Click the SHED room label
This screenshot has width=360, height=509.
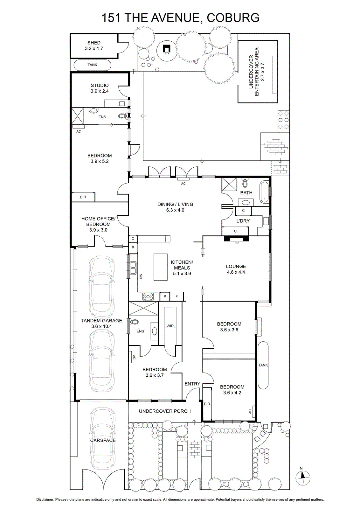[x=94, y=43]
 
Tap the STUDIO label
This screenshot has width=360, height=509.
[x=100, y=86]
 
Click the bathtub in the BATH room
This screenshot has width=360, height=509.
[x=264, y=192]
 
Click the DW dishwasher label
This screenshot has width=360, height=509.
[x=141, y=276]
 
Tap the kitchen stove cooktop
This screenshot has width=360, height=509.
[x=148, y=296]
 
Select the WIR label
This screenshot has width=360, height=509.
[x=170, y=326]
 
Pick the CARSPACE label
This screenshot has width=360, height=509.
[x=103, y=440]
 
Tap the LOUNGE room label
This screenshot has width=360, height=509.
[x=236, y=266]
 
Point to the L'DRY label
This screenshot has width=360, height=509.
[x=243, y=221]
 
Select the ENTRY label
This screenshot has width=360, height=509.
[x=192, y=384]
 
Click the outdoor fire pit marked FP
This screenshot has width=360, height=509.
[x=167, y=49]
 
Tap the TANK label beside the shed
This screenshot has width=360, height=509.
[x=93, y=65]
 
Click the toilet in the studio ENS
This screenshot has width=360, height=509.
[x=122, y=116]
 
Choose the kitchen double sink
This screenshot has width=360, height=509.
[x=133, y=267]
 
